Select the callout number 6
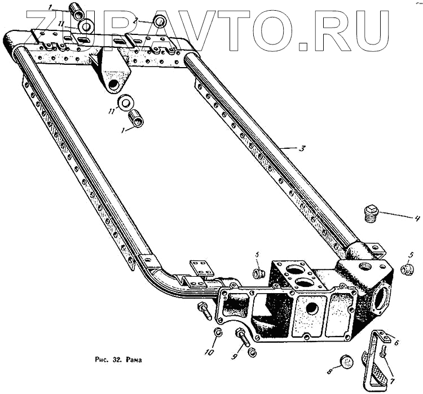[396, 342]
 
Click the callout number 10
[209, 353]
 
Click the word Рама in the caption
[133, 358]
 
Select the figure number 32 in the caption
[115, 358]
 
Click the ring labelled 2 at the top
[160, 22]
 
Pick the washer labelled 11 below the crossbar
[124, 104]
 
